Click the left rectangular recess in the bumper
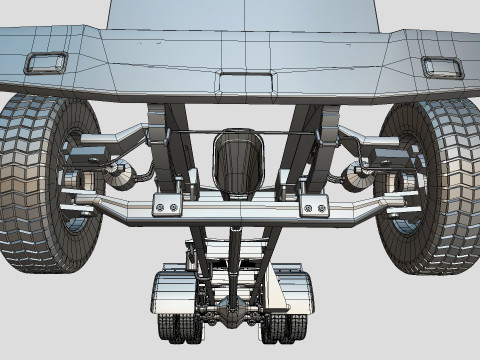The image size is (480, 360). point(46,63)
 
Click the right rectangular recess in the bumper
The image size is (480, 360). point(441,67)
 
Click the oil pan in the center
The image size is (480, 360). point(239,162)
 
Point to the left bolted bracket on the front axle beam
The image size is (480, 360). point(167,206)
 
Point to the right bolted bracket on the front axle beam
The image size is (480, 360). point(315,207)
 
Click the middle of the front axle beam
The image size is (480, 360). point(240,209)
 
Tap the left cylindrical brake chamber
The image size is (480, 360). point(121,176)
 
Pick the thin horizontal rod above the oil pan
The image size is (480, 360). point(240,132)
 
